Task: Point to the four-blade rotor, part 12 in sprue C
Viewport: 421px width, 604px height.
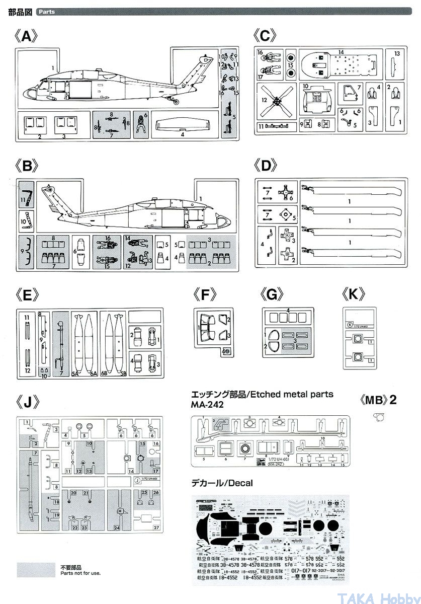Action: (x=276, y=101)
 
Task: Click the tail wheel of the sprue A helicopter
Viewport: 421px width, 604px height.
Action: (x=176, y=104)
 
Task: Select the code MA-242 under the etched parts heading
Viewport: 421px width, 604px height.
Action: (x=208, y=404)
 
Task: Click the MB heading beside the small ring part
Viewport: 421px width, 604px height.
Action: (x=379, y=401)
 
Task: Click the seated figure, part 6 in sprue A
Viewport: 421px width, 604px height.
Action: (x=142, y=123)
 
